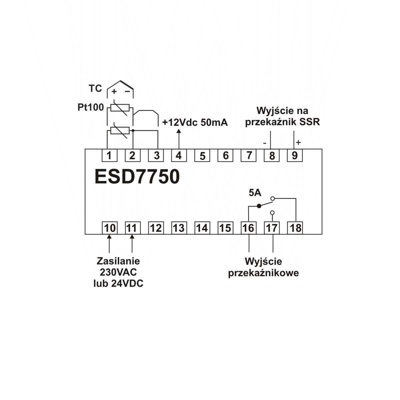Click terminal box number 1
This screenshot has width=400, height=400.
109,155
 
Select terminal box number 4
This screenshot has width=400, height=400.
179,155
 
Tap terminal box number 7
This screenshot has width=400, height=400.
249,155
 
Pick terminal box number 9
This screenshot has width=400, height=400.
295,155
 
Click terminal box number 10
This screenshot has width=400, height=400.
109,228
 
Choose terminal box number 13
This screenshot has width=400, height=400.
179,228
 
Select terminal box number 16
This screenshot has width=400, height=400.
249,228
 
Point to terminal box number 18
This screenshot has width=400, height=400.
295,228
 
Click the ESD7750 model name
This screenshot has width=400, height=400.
137,177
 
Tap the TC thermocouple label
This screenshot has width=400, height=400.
95,89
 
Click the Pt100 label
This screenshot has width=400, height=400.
91,107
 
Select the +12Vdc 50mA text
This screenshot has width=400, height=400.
195,123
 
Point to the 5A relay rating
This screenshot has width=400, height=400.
255,193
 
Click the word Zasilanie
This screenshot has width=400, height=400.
118,261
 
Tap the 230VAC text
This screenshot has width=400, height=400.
118,272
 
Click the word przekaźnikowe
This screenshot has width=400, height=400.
263,273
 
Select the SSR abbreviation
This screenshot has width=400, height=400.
310,122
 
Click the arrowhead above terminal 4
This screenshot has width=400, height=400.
179,132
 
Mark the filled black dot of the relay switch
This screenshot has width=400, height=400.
259,206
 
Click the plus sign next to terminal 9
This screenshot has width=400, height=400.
298,143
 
